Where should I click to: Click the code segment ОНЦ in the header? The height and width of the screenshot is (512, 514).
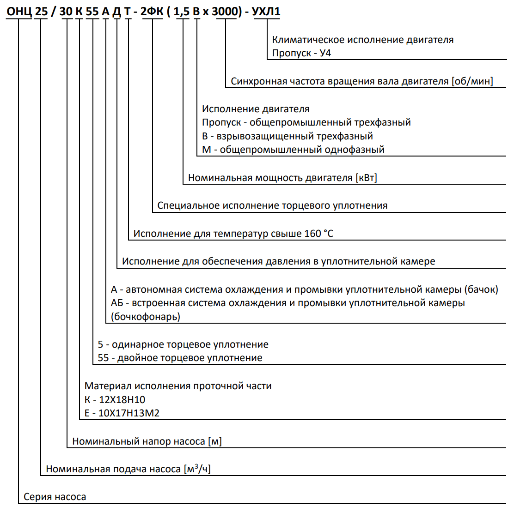click(19, 12)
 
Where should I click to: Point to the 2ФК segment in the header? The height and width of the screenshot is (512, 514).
click(152, 12)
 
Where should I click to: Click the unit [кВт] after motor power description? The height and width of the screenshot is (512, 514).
click(366, 178)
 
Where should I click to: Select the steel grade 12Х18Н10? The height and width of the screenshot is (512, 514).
click(122, 400)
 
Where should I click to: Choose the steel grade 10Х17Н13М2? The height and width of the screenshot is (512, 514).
click(128, 413)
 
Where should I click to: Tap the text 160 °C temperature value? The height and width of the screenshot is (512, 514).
click(318, 234)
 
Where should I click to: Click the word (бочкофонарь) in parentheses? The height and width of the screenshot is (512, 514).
click(146, 317)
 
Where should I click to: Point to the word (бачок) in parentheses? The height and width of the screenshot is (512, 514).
click(481, 290)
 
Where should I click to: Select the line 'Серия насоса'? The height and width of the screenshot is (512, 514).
click(55, 497)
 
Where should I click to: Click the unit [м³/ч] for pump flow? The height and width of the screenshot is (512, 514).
click(197, 469)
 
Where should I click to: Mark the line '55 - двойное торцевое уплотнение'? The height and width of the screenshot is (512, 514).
click(180, 358)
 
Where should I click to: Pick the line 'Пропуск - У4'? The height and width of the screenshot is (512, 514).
click(301, 53)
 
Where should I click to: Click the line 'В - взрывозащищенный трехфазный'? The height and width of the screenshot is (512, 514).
click(287, 136)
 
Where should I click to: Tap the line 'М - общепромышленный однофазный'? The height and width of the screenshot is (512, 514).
click(293, 150)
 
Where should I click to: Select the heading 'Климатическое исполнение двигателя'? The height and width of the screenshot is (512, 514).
click(362, 40)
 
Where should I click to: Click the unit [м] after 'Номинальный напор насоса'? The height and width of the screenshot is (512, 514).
click(215, 442)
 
